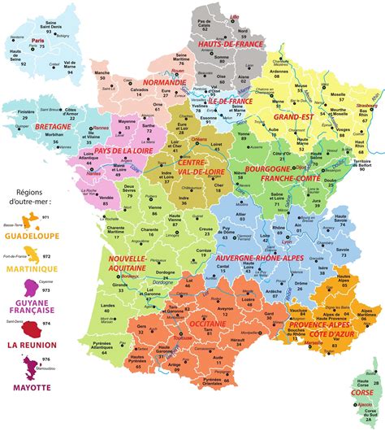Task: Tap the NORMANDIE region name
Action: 166,83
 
